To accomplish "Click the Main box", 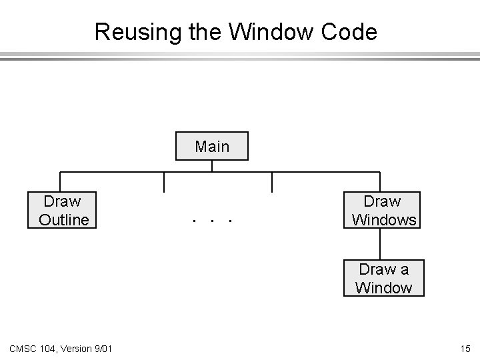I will click(x=212, y=147).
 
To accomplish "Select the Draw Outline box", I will click(x=62, y=210).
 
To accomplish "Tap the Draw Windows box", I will click(x=383, y=210).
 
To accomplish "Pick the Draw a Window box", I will click(x=383, y=278).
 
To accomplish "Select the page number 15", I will click(x=465, y=347).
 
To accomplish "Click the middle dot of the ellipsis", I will click(x=212, y=219).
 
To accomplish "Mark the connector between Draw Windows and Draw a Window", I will click(x=379, y=244).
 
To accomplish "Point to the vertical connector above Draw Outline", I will click(x=61, y=182).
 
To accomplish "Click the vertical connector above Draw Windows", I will click(x=379, y=182).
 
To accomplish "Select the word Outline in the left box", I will click(x=64, y=219).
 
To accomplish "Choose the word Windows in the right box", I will click(x=384, y=219).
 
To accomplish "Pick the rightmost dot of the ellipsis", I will click(x=229, y=219).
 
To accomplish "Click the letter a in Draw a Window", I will click(x=404, y=269).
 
